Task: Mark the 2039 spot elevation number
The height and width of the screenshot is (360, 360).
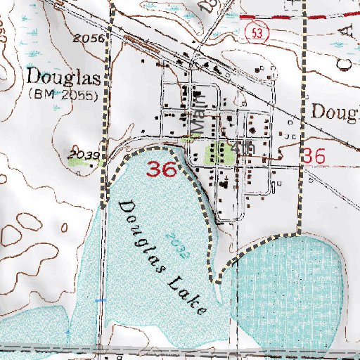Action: click(x=83, y=153)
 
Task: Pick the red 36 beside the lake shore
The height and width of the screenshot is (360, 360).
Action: click(x=162, y=169)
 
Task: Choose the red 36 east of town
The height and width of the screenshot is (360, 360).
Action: click(x=314, y=157)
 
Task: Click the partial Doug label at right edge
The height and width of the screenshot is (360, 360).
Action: click(x=335, y=110)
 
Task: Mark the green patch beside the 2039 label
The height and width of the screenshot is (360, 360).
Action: click(x=82, y=162)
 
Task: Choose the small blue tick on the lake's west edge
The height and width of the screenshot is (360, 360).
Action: click(x=98, y=300)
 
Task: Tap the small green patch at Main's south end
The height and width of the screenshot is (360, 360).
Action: click(x=186, y=140)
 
